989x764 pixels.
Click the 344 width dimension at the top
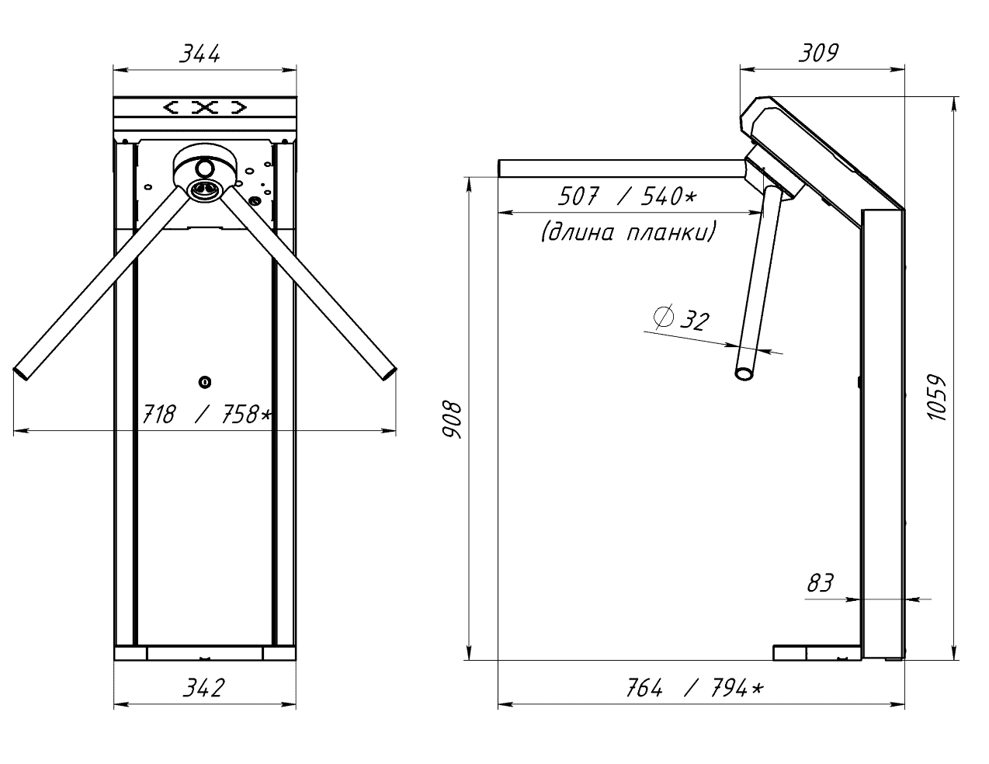(x=200, y=54)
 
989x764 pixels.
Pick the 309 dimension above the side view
(x=818, y=53)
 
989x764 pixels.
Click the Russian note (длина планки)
(x=627, y=232)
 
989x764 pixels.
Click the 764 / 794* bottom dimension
(x=693, y=688)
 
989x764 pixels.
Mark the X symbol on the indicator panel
(x=205, y=107)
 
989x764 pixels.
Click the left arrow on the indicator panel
(x=172, y=107)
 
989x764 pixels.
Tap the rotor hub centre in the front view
(x=205, y=189)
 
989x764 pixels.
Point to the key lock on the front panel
(x=205, y=381)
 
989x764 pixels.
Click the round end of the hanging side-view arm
(x=744, y=373)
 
